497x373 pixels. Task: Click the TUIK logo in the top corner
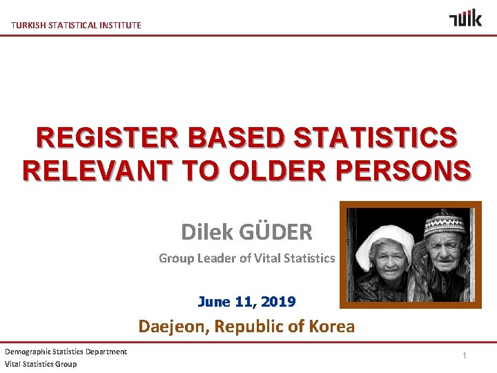[x=465, y=18]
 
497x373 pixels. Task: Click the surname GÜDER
[x=275, y=232]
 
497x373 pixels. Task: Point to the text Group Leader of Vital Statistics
[x=246, y=258]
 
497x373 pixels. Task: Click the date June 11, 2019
[x=246, y=302]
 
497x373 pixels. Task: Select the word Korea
[x=327, y=326]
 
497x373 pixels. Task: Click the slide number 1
[x=465, y=355]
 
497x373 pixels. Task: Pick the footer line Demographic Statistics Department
[x=66, y=352]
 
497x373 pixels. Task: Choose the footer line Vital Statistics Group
[x=41, y=364]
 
